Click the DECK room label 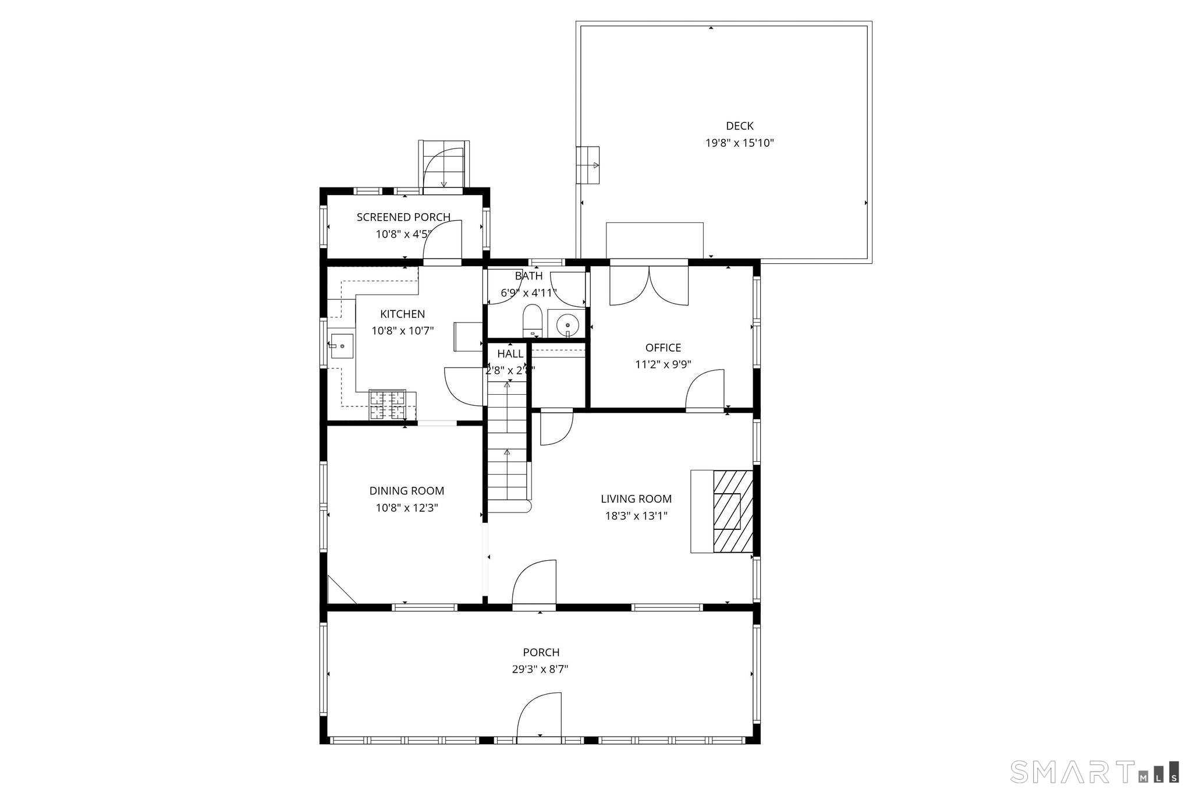[x=739, y=126]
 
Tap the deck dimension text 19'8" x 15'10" [x=739, y=143]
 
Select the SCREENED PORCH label [x=403, y=217]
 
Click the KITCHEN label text [x=402, y=314]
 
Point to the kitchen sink [x=342, y=346]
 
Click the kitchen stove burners [x=387, y=405]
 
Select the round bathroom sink [x=567, y=324]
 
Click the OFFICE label [x=663, y=348]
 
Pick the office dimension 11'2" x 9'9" [x=663, y=365]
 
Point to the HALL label [x=510, y=353]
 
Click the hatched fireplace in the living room [x=733, y=511]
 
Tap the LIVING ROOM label [x=636, y=499]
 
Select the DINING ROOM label [x=406, y=491]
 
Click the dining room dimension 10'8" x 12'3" [x=406, y=508]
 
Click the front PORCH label [x=541, y=652]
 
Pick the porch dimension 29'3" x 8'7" [x=540, y=669]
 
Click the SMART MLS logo [x=1095, y=772]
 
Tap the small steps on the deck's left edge [x=588, y=165]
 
